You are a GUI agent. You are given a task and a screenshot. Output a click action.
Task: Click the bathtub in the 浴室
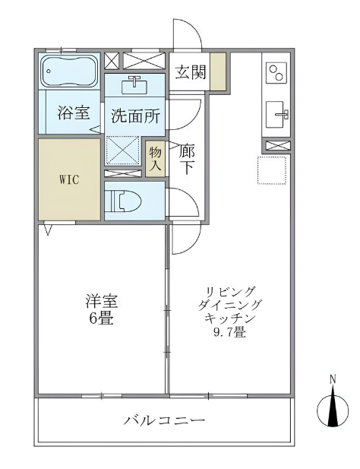[x=70, y=71]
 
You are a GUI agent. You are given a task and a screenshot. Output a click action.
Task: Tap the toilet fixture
[x=125, y=201]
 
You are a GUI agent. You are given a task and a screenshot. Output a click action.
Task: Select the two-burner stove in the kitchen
[x=276, y=72]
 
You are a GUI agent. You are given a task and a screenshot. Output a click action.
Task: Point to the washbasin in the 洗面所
[x=134, y=84]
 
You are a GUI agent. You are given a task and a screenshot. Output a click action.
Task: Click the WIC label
[x=69, y=179]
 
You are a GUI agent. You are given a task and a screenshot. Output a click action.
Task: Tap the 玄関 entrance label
[x=191, y=72]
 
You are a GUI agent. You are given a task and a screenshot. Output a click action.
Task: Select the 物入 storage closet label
[x=155, y=159]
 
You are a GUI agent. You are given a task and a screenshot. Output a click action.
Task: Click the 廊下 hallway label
[x=187, y=159]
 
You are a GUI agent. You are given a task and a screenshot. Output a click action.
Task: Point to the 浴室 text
[x=74, y=112]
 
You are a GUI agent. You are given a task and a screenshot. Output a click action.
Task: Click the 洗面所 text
[x=135, y=116]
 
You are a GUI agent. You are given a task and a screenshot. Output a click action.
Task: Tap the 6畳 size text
[x=101, y=319]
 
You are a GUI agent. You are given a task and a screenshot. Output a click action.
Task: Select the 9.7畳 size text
[x=229, y=332]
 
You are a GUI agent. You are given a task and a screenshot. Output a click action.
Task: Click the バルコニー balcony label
[x=165, y=421]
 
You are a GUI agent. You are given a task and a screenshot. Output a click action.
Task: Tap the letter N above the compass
[x=333, y=379]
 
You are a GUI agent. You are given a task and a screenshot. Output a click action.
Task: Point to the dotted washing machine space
[x=123, y=151]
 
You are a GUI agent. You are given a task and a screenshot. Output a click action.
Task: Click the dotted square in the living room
[x=272, y=170]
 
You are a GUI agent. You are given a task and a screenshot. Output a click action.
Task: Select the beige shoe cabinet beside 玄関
[x=218, y=71]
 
